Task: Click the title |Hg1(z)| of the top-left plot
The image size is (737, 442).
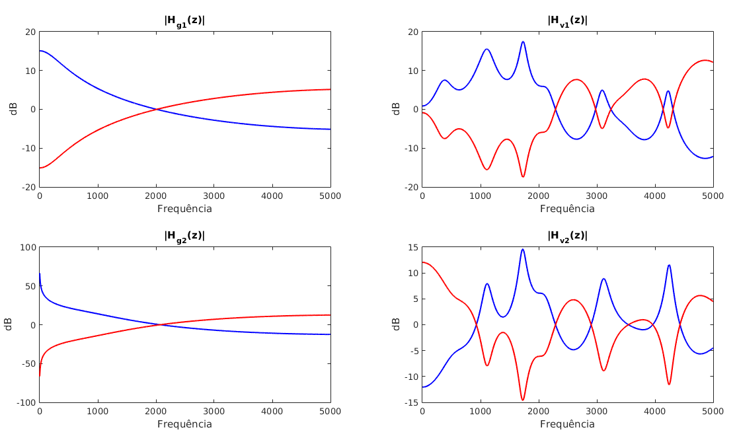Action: pos(184,21)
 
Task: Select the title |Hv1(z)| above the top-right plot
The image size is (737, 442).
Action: pos(567,21)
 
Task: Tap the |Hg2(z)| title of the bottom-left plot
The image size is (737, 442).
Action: pos(184,236)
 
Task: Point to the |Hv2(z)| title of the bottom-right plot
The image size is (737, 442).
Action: pos(567,236)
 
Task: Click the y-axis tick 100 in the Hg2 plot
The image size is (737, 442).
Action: pos(27,247)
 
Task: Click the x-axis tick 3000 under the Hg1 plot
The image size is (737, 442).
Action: pos(214,196)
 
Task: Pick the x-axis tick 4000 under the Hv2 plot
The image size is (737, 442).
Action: pos(655,411)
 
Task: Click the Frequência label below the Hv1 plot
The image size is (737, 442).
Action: pos(567,209)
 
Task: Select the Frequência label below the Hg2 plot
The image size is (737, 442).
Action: pos(184,424)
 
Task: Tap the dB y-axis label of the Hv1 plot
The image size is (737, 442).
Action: pos(396,109)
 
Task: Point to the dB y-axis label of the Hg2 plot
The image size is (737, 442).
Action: pos(8,324)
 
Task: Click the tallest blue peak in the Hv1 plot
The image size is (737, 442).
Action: pos(523,42)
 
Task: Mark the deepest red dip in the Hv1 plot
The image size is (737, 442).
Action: pos(523,176)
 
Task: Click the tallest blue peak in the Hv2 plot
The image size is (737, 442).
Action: pos(522,249)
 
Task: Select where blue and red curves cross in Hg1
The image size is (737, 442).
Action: pos(157,109)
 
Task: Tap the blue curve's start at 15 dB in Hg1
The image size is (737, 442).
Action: pos(40,51)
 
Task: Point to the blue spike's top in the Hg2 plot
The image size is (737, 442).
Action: pos(40,274)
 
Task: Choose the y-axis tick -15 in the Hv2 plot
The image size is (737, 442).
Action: pos(411,402)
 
